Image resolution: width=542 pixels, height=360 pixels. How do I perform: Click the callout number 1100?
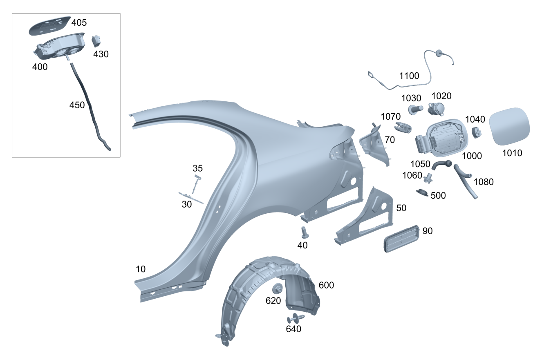coord(409,76)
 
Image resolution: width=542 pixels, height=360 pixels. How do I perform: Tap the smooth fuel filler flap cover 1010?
coord(509,127)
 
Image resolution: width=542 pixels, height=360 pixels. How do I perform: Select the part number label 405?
coord(79,23)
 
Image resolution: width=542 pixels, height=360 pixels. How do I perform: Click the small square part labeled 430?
coord(96,41)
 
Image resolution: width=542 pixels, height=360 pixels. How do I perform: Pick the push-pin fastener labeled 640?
coord(295,318)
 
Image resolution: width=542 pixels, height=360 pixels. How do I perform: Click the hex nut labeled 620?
coord(277,288)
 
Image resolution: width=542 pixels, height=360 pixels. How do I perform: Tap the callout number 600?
coord(326,285)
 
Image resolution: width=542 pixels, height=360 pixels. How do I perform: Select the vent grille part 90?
coord(402,239)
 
